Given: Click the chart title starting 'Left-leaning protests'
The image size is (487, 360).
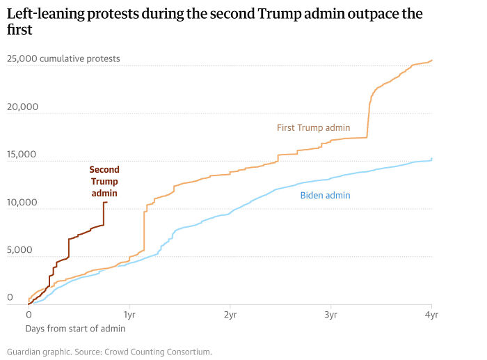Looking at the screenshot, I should [214, 22].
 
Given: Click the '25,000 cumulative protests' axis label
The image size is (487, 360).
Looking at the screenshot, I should [63, 58].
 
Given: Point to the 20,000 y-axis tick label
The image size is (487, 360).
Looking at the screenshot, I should [23, 107].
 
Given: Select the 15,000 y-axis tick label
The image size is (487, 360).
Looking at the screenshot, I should [23, 154].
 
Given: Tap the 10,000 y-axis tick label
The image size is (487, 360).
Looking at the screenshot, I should [23, 202].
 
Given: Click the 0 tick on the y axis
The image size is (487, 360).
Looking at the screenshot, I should [10, 297].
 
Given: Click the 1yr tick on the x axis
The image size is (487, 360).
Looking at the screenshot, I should [129, 315].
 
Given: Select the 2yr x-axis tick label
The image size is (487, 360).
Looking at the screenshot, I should [230, 315].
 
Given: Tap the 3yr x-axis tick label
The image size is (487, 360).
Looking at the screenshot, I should [330, 315].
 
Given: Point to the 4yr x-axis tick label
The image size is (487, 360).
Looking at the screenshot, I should [431, 315].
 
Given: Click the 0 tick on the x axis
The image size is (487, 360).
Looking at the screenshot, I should [29, 315].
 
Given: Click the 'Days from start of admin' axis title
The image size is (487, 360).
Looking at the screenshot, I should [75, 328].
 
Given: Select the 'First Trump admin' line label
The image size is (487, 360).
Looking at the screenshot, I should [313, 127].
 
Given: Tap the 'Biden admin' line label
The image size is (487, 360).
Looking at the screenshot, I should [325, 195].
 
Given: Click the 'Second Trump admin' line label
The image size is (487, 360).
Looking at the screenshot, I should [104, 181].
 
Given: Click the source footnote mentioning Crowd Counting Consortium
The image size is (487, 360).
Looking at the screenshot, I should [109, 352].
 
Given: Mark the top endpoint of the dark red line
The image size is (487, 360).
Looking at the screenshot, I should [105, 202].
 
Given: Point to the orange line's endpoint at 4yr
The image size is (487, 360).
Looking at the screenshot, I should [432, 60].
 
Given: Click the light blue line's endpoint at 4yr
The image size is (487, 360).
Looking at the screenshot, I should [432, 159].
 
